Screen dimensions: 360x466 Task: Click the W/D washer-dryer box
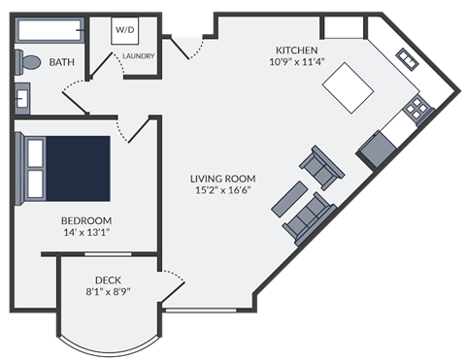(x=126, y=31)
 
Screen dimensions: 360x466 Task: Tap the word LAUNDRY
(x=138, y=56)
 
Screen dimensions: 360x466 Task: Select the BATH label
(x=62, y=63)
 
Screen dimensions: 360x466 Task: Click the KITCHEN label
(x=297, y=50)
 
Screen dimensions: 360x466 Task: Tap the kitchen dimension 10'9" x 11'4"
(x=297, y=63)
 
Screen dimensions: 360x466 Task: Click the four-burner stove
(x=417, y=107)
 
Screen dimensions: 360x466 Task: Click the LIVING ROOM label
(x=222, y=179)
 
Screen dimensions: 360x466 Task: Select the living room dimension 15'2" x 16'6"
(x=222, y=191)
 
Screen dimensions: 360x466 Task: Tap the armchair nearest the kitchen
(x=321, y=167)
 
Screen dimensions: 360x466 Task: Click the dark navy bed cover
(x=80, y=167)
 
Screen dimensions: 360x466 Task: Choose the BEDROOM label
(x=85, y=220)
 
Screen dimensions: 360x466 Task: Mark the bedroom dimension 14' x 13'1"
(x=85, y=233)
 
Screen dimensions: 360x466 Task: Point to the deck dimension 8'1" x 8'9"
(x=107, y=290)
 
